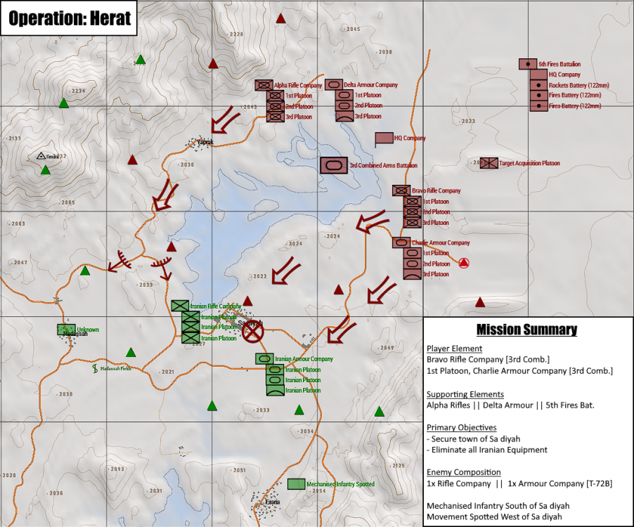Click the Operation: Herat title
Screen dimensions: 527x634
pyautogui.click(x=70, y=18)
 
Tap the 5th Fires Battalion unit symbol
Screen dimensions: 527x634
pyautogui.click(x=527, y=64)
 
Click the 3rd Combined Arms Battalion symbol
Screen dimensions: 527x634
pyautogui.click(x=333, y=165)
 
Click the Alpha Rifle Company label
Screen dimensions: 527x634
pyautogui.click(x=298, y=85)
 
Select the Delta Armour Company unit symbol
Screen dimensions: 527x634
pyautogui.click(x=335, y=85)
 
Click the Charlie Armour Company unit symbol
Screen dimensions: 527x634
pyautogui.click(x=401, y=242)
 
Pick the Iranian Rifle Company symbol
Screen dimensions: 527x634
pyautogui.click(x=181, y=306)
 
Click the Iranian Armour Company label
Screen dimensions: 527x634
pyautogui.click(x=304, y=358)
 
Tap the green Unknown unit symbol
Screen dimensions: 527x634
pyautogui.click(x=66, y=329)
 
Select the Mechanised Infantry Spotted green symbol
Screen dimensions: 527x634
pyautogui.click(x=296, y=484)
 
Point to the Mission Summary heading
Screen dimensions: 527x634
pyautogui.click(x=526, y=330)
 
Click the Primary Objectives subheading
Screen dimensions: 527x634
pyautogui.click(x=461, y=427)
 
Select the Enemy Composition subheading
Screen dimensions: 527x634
pyautogui.click(x=464, y=472)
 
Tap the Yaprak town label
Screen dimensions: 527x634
pyautogui.click(x=205, y=142)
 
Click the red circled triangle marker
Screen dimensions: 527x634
pyautogui.click(x=463, y=263)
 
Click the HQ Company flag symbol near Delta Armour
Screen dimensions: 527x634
pyautogui.click(x=384, y=138)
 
